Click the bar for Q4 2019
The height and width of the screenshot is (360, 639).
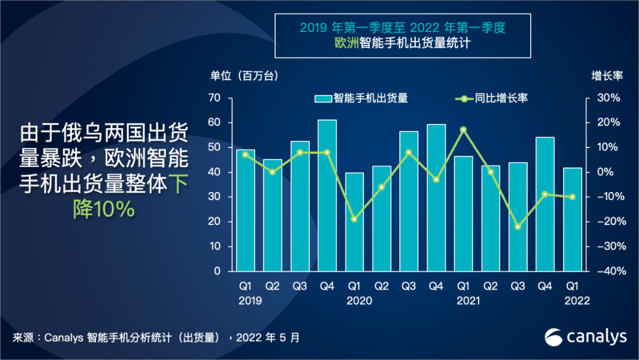click(327, 195)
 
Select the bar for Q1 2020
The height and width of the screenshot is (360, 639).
click(354, 221)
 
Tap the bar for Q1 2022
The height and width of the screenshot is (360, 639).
click(572, 219)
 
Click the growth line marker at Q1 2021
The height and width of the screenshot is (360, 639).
click(463, 130)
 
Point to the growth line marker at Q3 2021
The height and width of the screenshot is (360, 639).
click(518, 227)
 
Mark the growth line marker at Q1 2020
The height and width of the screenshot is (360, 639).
click(354, 219)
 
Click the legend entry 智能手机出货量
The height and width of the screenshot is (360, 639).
click(361, 98)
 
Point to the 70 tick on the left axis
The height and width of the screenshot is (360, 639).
click(214, 98)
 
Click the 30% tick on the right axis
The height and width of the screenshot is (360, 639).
click(608, 98)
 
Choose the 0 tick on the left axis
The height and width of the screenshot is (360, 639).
click(217, 271)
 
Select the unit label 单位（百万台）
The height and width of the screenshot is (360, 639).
click(244, 76)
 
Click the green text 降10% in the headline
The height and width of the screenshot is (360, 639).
click(104, 208)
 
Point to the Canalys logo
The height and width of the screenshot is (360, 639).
click(585, 336)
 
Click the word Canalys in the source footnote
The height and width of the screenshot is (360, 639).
click(64, 338)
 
